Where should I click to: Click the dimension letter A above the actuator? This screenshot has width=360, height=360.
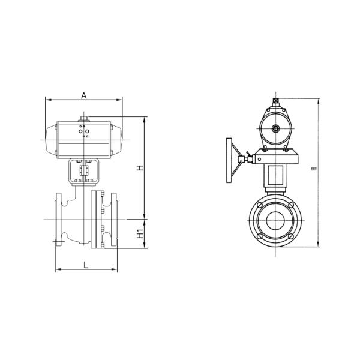[x=85, y=95]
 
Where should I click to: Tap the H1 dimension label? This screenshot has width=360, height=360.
[x=139, y=234]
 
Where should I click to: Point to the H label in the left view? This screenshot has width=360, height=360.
[x=139, y=168]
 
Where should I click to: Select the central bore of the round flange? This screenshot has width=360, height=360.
[x=275, y=220]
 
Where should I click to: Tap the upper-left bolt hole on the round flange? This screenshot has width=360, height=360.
[x=260, y=206]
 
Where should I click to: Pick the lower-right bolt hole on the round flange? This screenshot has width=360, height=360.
[x=290, y=235]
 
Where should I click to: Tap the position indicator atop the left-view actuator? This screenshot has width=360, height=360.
[x=85, y=118]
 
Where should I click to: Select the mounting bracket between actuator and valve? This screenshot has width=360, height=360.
[x=85, y=171]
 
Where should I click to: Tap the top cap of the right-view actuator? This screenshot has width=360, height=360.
[x=275, y=101]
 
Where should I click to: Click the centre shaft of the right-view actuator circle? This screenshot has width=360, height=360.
[x=275, y=128]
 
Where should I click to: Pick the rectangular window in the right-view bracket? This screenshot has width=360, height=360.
[x=276, y=177]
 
